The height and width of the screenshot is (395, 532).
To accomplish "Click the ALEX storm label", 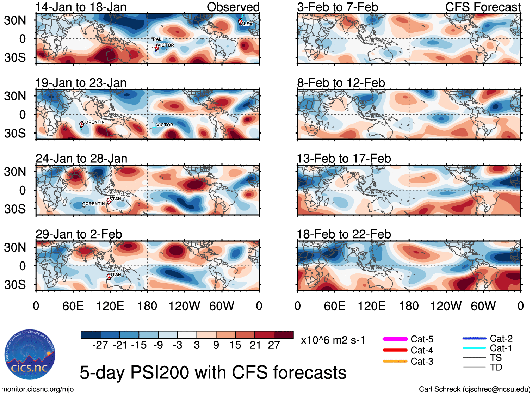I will point(247,24).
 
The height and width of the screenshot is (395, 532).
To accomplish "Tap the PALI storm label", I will point(158,39).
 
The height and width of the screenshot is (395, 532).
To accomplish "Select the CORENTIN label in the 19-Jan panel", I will point(93,122).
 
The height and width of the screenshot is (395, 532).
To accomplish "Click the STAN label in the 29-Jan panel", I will point(115,274).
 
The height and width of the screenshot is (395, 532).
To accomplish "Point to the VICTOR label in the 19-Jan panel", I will point(165,125).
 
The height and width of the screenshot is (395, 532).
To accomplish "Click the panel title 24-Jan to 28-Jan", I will point(81,159).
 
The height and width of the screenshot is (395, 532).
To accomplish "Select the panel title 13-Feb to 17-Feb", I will point(344,159).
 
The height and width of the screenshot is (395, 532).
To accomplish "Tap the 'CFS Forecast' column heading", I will point(483,7).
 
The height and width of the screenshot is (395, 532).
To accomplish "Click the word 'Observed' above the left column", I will point(233,7).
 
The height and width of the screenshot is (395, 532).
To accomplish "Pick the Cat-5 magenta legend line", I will point(395,339).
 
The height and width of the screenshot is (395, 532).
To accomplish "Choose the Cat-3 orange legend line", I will point(395,361).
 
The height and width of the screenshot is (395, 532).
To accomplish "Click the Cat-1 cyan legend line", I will point(474,348).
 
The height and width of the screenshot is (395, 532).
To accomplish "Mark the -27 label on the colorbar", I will point(100,345).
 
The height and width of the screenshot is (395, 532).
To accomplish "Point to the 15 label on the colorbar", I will point(235,345).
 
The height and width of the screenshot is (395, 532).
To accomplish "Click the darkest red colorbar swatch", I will point(284,335).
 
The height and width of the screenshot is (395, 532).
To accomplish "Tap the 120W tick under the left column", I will point(184,306).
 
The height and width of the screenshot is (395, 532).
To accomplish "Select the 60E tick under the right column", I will point(334,306).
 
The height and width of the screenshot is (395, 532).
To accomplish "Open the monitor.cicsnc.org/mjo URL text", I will point(38,389).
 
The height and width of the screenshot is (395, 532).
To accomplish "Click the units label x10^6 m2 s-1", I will point(333,340).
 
